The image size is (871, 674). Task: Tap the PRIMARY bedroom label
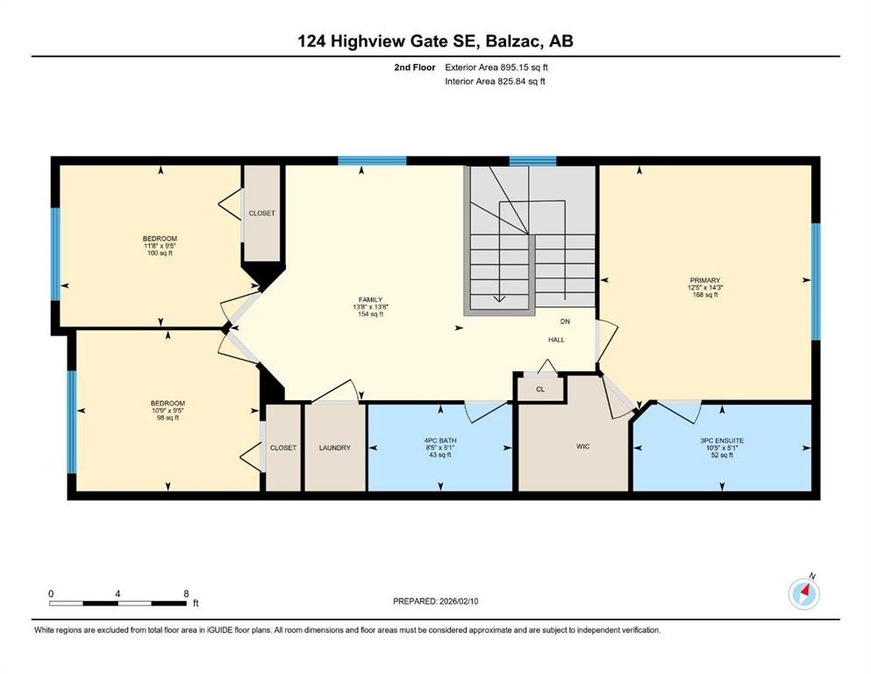703,281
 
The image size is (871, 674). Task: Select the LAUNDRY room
334,448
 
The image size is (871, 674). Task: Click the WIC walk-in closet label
582,447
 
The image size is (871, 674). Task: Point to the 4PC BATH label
439,440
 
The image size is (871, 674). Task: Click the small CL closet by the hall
539,388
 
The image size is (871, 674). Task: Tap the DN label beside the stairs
565,322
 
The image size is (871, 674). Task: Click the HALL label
557,340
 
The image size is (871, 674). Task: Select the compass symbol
803,593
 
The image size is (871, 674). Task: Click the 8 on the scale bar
186,593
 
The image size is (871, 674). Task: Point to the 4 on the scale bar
118,593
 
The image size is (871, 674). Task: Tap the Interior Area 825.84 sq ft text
496,82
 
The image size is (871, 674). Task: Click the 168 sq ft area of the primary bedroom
703,296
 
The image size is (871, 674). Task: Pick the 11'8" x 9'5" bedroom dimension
161,247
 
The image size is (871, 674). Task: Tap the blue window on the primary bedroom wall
815,281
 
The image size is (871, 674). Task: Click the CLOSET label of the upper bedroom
261,213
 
